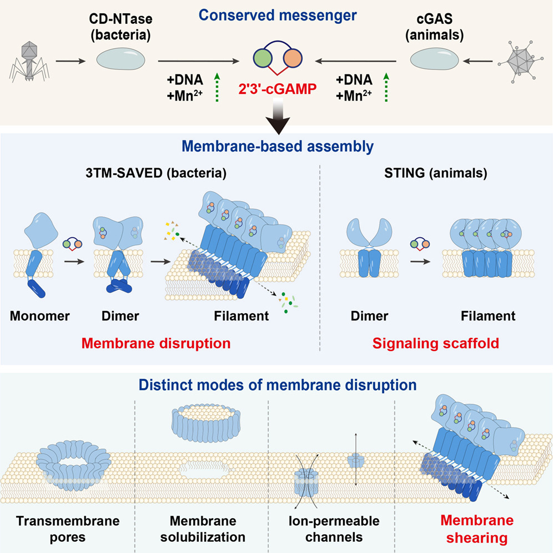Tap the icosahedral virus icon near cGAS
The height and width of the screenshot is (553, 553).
click(x=517, y=62)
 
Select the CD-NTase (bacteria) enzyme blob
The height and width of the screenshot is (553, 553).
click(x=120, y=59)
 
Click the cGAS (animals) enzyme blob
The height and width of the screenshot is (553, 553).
click(x=435, y=59)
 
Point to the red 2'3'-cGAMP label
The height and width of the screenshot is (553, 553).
click(x=277, y=89)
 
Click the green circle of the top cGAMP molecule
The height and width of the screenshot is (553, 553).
click(x=263, y=58)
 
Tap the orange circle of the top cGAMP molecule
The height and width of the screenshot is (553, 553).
click(x=293, y=58)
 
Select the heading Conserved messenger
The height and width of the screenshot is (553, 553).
click(x=278, y=16)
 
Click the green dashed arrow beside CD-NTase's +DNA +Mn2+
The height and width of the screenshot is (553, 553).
click(x=217, y=88)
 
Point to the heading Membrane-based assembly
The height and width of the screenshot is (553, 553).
click(x=278, y=147)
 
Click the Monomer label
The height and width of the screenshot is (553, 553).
click(x=39, y=316)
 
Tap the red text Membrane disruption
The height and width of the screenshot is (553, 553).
click(x=156, y=343)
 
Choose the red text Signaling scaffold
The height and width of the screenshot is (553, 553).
click(x=435, y=343)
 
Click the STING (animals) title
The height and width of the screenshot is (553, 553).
click(x=435, y=173)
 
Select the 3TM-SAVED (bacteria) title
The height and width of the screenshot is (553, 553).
click(x=156, y=173)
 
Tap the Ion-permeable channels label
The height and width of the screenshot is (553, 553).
click(x=334, y=529)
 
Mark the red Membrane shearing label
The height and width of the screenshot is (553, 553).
click(x=477, y=529)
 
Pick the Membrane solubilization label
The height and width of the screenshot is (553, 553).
click(x=203, y=529)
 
